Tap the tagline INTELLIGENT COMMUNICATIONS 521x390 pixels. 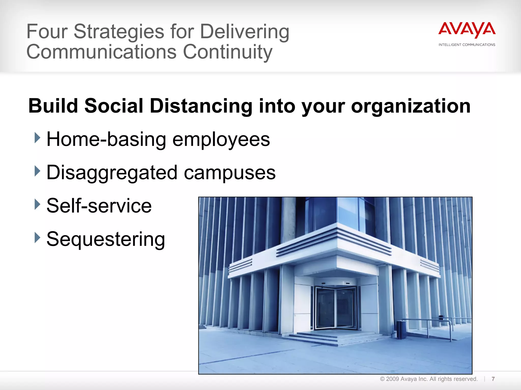(x=467, y=45)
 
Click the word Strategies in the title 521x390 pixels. (x=119, y=32)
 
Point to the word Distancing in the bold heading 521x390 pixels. (x=201, y=106)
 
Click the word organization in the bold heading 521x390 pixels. (x=411, y=106)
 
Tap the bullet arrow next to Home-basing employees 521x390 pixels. (x=37, y=138)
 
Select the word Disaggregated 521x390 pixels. (x=112, y=173)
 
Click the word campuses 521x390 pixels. (x=229, y=173)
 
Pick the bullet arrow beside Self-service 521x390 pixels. (x=37, y=204)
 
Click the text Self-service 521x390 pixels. (x=99, y=206)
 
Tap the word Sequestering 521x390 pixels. (x=106, y=239)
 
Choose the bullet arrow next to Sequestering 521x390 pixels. (x=37, y=238)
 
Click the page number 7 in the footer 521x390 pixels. (x=493, y=379)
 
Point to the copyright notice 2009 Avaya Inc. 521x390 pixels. (x=428, y=379)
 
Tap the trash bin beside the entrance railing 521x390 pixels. (x=401, y=330)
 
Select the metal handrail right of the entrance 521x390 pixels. (x=430, y=324)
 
